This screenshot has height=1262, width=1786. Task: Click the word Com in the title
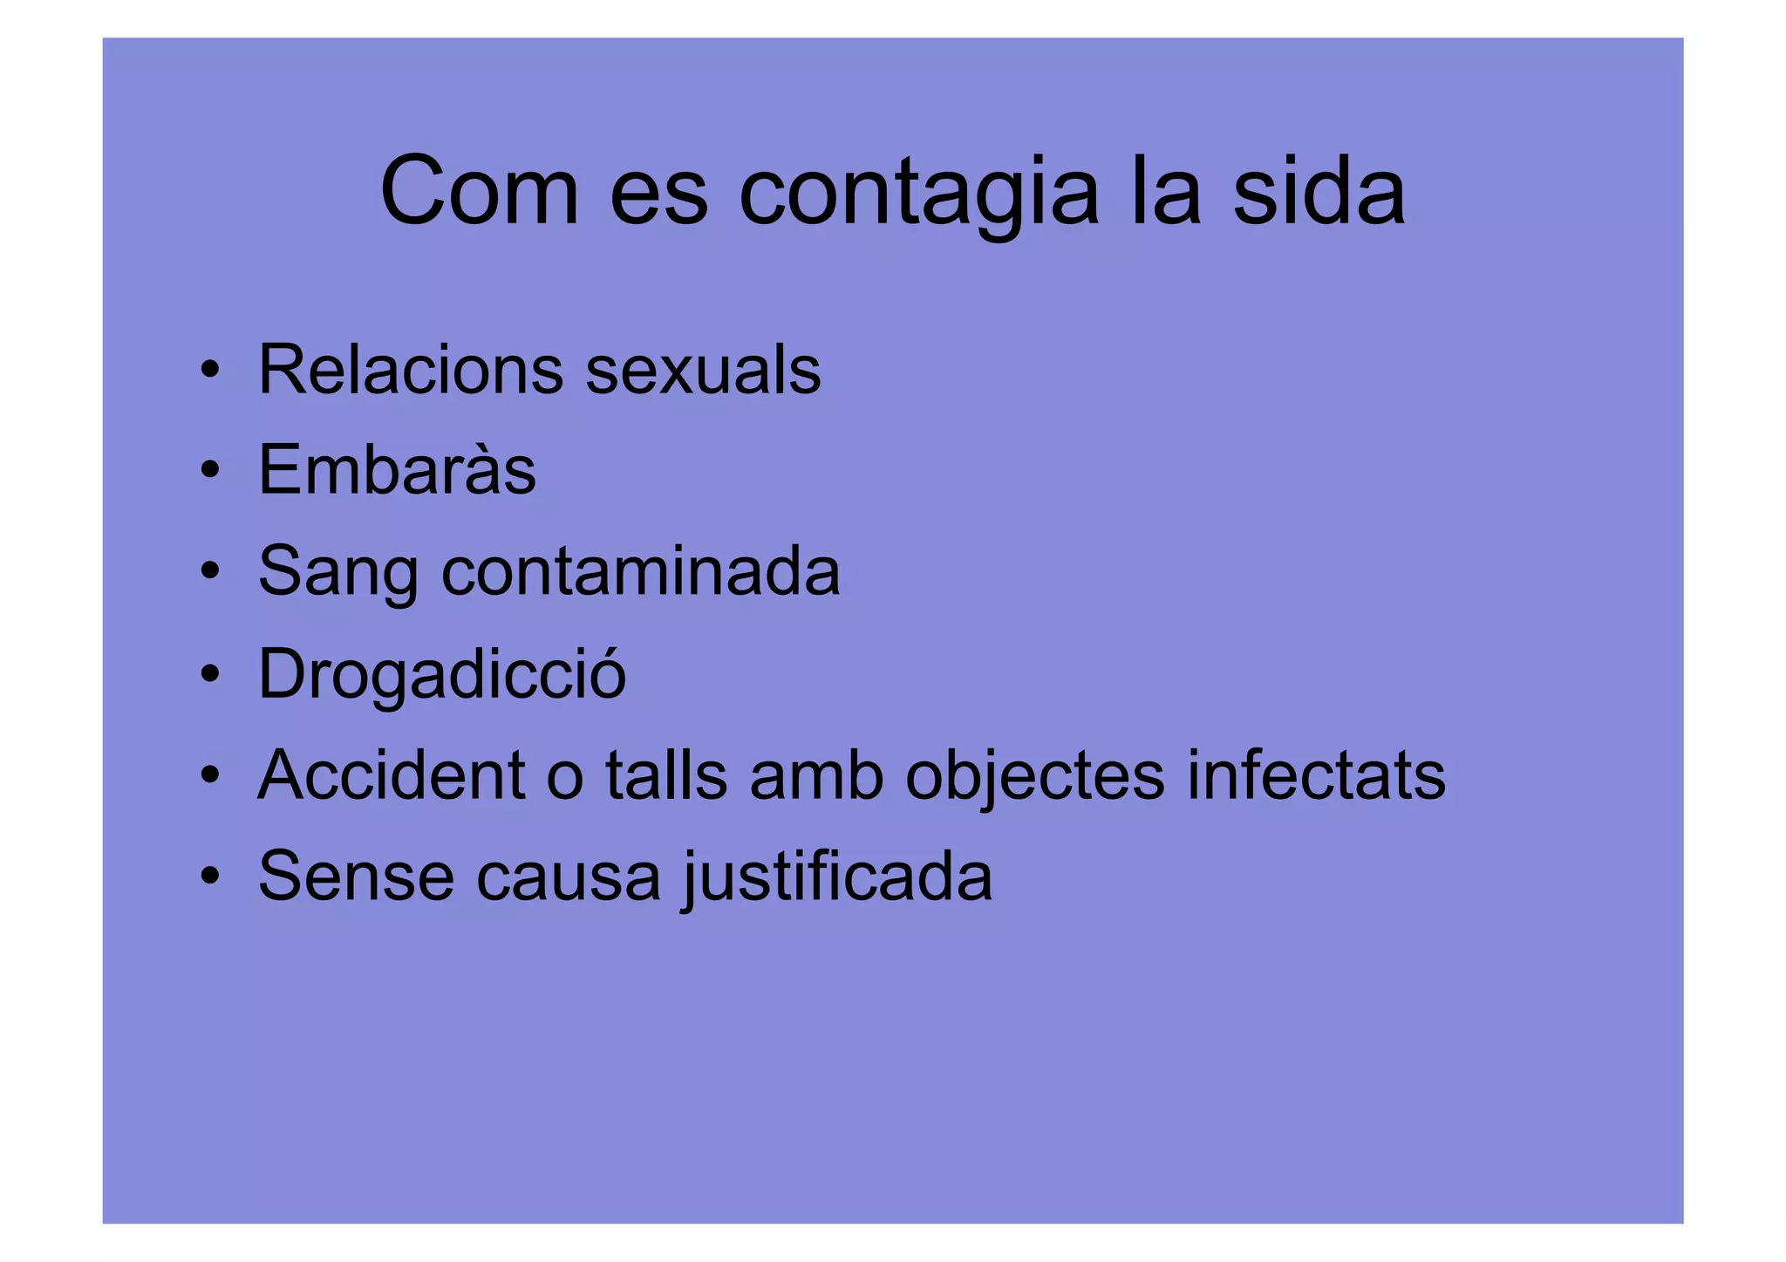click(x=479, y=192)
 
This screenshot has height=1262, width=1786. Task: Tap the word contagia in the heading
click(x=919, y=194)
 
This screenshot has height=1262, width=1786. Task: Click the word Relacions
click(x=411, y=370)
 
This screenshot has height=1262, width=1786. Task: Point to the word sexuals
click(x=703, y=370)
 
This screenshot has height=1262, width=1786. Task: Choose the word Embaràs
click(x=397, y=470)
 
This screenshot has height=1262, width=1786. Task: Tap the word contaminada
click(x=641, y=571)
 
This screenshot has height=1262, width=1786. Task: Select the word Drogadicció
click(x=442, y=674)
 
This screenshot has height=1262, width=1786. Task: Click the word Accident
click(x=392, y=774)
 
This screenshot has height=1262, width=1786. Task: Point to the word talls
click(x=666, y=774)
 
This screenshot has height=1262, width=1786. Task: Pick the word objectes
click(x=1035, y=776)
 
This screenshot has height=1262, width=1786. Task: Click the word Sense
click(x=356, y=877)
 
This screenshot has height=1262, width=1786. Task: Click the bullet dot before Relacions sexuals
click(x=209, y=371)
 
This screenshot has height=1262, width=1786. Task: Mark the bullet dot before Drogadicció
click(x=209, y=674)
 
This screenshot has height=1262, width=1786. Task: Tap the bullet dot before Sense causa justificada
click(x=209, y=877)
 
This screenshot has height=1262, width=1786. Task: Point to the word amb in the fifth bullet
click(x=816, y=774)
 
